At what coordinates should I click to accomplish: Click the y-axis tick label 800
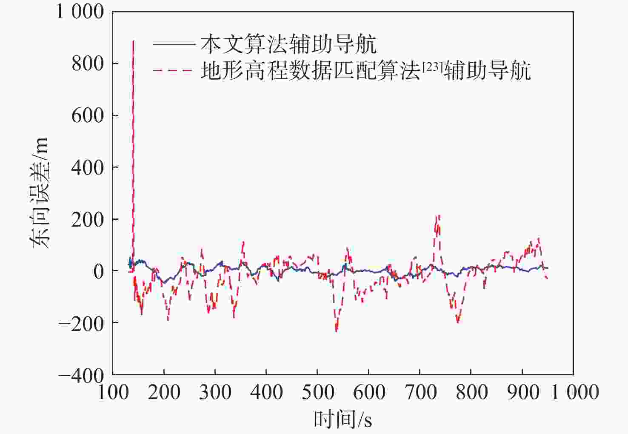tap(88, 64)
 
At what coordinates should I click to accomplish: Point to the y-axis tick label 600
tap(88, 116)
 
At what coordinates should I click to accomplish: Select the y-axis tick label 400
tap(88, 168)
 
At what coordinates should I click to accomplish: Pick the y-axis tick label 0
tap(99, 272)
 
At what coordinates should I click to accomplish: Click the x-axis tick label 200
tap(164, 392)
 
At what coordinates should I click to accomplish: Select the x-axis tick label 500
tap(317, 392)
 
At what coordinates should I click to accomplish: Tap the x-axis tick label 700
tap(420, 392)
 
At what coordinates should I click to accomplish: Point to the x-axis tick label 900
tap(522, 392)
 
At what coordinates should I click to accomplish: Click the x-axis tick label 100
tap(113, 392)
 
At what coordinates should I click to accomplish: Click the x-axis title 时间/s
tap(343, 419)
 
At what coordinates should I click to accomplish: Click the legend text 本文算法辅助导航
tap(288, 44)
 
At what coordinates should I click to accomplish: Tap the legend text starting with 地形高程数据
tap(366, 71)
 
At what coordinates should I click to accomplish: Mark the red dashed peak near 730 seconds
tap(437, 216)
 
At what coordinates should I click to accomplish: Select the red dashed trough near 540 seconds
tap(336, 331)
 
